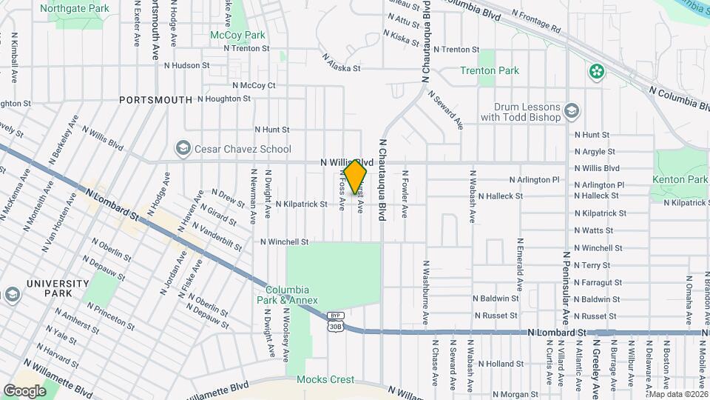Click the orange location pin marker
356,176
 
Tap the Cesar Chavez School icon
182,149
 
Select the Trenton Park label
489,71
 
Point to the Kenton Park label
680,179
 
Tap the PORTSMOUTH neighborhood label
155,99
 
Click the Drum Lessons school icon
571,111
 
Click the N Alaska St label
341,61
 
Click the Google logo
25,390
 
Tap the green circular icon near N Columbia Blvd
596,71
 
